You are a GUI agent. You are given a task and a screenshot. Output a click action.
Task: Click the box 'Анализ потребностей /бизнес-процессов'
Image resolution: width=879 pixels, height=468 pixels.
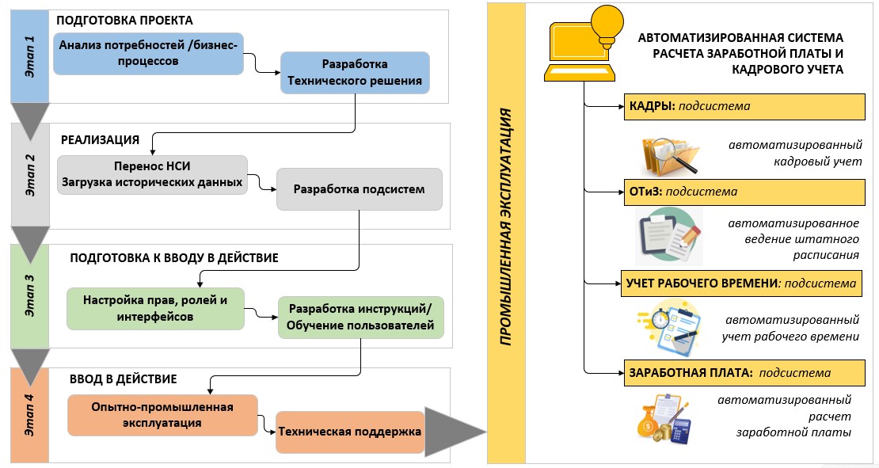148,52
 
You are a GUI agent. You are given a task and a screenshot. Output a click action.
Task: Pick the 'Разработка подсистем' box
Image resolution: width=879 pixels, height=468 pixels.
359,189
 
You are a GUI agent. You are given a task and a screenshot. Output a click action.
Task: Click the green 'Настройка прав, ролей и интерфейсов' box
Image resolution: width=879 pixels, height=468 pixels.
155,308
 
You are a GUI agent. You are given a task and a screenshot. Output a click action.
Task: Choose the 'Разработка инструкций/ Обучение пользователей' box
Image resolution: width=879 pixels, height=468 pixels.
360,317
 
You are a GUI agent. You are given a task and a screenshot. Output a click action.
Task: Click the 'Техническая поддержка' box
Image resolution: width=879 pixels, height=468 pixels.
349,432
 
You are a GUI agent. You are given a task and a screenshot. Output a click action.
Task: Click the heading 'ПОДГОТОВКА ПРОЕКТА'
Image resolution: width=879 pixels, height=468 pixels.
125,20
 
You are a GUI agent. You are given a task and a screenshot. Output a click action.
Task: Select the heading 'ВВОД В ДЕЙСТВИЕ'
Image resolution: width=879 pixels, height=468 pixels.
123,379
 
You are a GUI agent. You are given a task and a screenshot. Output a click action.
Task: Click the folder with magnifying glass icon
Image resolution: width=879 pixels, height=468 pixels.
668,154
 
